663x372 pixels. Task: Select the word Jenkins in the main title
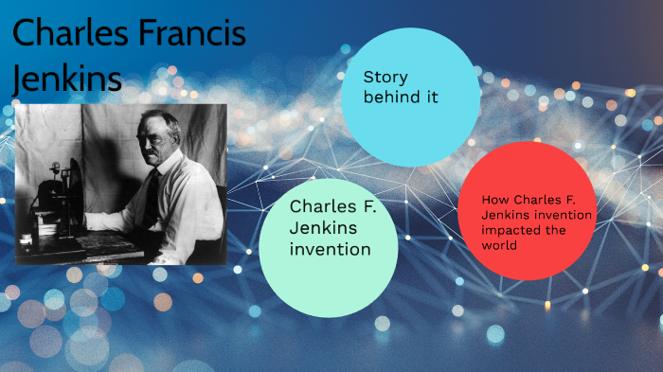click(67, 79)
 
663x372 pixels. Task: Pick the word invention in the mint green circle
click(330, 249)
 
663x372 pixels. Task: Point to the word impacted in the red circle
click(507, 230)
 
